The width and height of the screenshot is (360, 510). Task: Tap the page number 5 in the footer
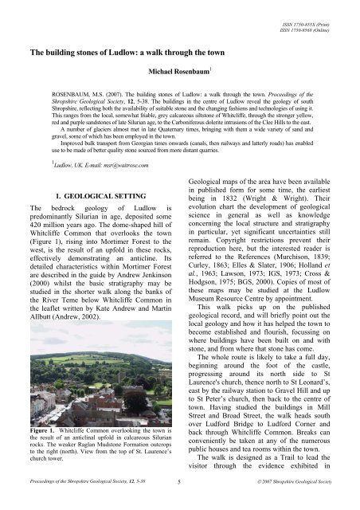(179, 483)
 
